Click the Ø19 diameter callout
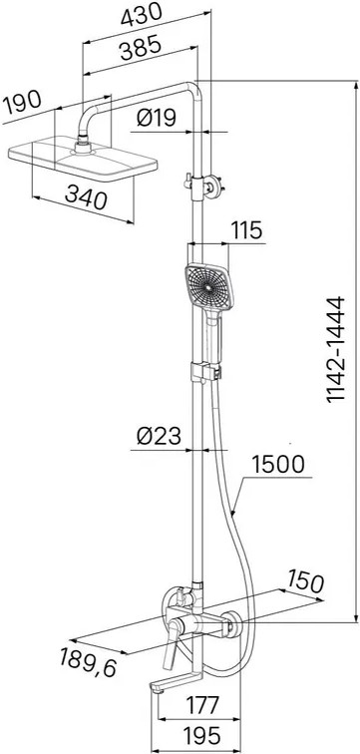coord(157,117)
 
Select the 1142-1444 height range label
coord(336,350)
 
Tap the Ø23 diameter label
coord(159,436)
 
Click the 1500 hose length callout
coord(278,464)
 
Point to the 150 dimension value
coord(305,581)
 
